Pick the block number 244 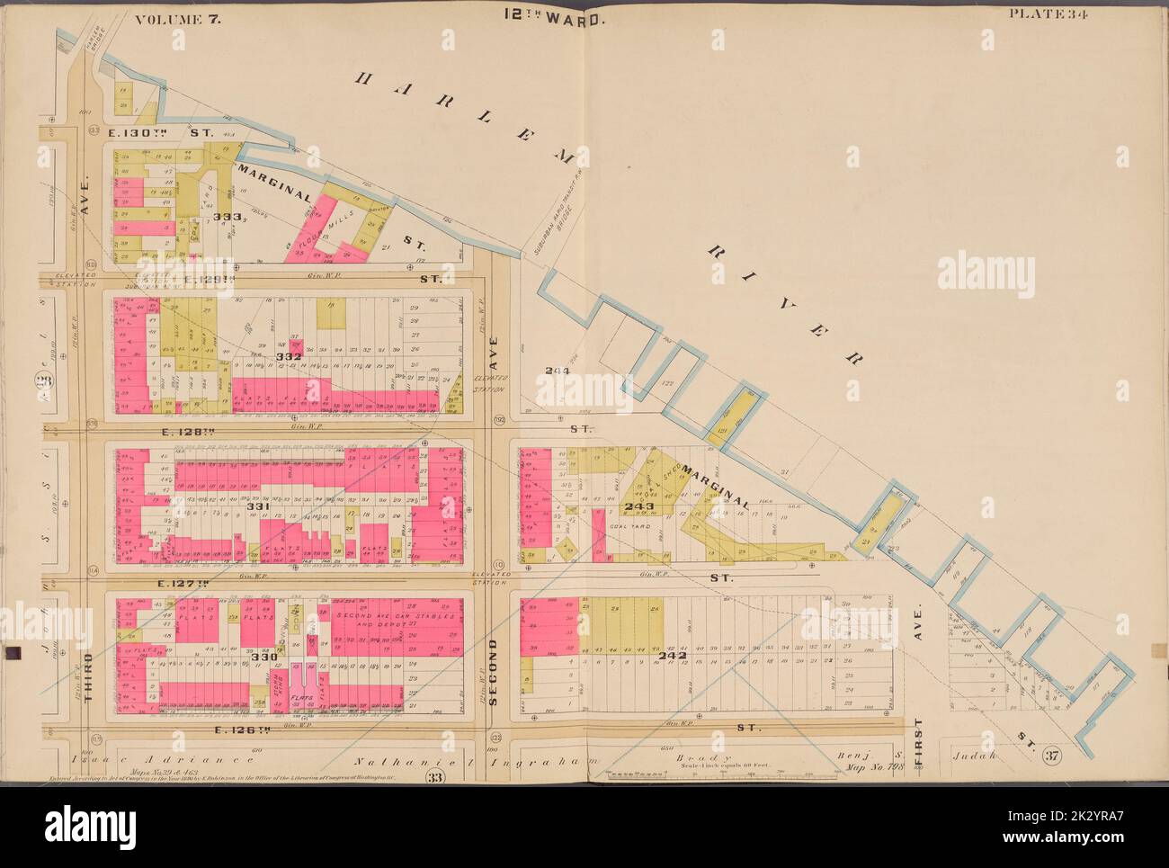[558, 371]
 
